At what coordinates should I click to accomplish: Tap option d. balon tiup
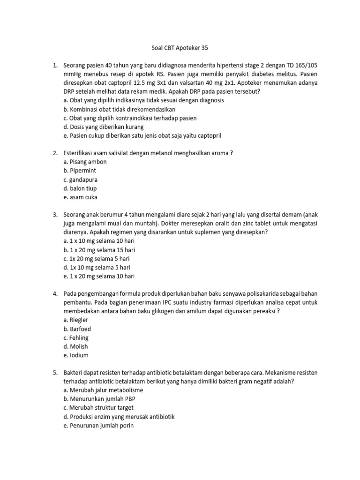pyautogui.click(x=80, y=188)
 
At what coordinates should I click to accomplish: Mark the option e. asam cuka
pyautogui.click(x=80, y=197)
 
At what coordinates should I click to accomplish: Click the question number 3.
pyautogui.click(x=54, y=214)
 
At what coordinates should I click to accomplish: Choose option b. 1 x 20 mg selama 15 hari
pyautogui.click(x=99, y=250)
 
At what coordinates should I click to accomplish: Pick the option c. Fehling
pyautogui.click(x=76, y=337)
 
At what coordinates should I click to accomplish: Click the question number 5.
pyautogui.click(x=54, y=373)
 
